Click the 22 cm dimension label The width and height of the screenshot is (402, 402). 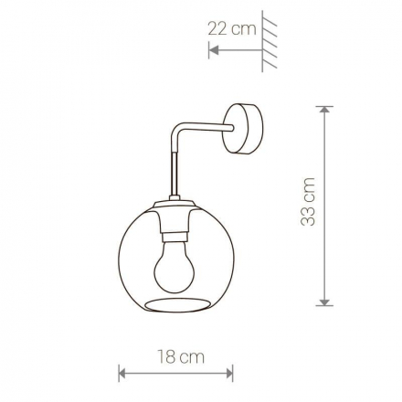click(232, 29)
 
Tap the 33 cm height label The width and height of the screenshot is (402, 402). click(308, 201)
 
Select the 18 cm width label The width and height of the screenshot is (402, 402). click(181, 356)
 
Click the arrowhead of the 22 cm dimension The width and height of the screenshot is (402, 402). click(214, 50)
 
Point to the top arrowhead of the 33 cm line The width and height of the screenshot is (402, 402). click(325, 110)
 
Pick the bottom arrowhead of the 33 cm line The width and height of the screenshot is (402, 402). click(325, 301)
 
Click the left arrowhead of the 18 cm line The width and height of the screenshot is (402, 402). click(122, 373)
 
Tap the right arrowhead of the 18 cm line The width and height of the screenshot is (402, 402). click(229, 373)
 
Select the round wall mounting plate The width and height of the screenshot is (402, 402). click(243, 129)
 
